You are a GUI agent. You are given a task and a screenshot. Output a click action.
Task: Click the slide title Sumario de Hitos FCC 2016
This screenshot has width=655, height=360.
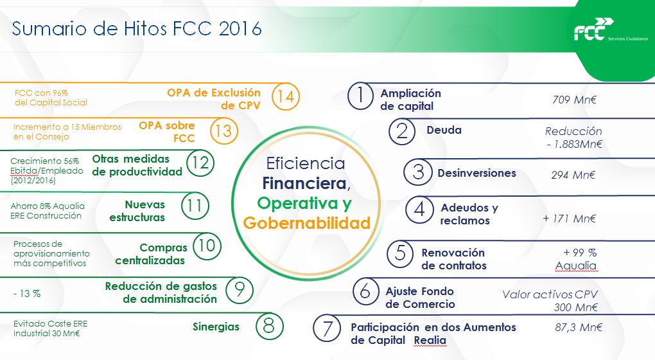pyautogui.click(x=137, y=28)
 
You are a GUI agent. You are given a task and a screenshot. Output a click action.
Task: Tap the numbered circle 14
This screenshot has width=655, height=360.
pyautogui.click(x=286, y=96)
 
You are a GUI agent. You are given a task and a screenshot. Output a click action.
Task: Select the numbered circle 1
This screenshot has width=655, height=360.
pyautogui.click(x=360, y=96)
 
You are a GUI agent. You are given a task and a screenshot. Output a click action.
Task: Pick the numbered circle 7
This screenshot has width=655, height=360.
pyautogui.click(x=327, y=328)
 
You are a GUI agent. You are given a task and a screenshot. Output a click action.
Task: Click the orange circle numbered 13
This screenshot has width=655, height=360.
pyautogui.click(x=223, y=131)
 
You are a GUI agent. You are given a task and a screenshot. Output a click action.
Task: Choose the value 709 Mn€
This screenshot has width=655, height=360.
pyautogui.click(x=574, y=100)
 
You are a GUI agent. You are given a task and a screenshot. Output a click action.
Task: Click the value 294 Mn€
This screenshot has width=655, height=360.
pyautogui.click(x=573, y=175)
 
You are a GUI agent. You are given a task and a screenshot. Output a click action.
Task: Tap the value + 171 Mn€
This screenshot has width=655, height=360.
pyautogui.click(x=570, y=219)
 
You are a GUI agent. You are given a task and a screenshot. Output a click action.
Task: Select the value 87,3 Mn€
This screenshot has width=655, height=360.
pyautogui.click(x=579, y=327)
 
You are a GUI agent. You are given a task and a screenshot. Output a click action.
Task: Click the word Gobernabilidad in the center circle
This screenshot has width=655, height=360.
pyautogui.click(x=307, y=223)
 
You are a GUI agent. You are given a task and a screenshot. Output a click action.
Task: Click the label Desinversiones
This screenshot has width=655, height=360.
pyautogui.click(x=476, y=173)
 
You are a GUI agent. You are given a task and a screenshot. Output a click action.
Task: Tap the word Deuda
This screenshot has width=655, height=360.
pyautogui.click(x=444, y=130)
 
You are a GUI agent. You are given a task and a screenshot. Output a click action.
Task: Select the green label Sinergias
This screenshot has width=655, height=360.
pyautogui.click(x=216, y=327)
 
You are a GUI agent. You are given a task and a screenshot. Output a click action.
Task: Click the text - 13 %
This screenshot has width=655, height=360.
pyautogui.click(x=27, y=294)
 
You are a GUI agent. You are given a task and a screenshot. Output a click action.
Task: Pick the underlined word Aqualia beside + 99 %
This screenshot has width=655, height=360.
pyautogui.click(x=575, y=266)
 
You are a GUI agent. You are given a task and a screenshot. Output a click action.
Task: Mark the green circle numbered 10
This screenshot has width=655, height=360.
pyautogui.click(x=207, y=246)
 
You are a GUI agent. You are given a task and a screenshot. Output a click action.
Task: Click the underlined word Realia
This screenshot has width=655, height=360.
pyautogui.click(x=430, y=340)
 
